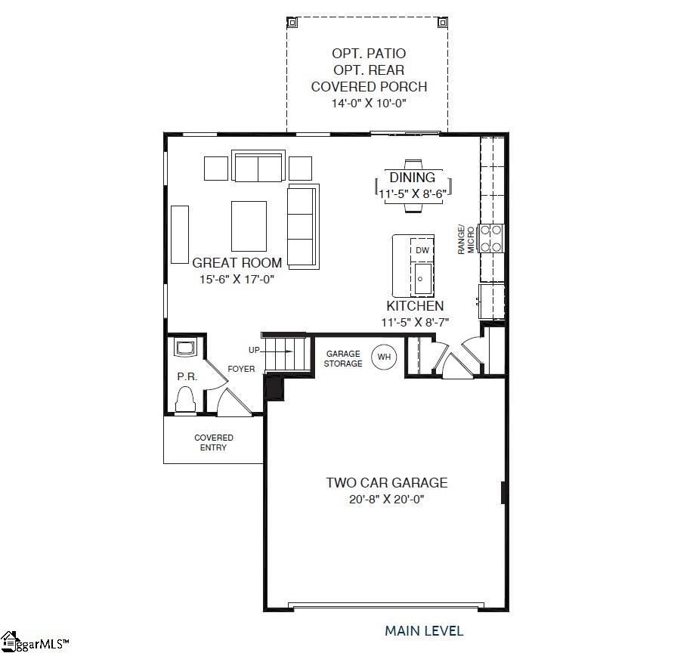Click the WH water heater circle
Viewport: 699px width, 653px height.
pyautogui.click(x=384, y=357)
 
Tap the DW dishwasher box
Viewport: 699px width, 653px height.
pyautogui.click(x=422, y=250)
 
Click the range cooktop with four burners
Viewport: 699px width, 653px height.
pyautogui.click(x=490, y=239)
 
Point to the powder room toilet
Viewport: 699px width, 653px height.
pyautogui.click(x=185, y=399)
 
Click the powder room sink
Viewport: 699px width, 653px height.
pyautogui.click(x=185, y=348)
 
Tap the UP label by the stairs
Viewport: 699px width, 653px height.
pyautogui.click(x=254, y=350)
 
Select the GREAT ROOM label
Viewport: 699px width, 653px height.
pyautogui.click(x=237, y=262)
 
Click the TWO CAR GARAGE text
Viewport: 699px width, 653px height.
pyautogui.click(x=386, y=482)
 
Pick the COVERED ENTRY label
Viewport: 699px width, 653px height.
pyautogui.click(x=214, y=442)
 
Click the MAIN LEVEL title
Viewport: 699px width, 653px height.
pyautogui.click(x=424, y=631)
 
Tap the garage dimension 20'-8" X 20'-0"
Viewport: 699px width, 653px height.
pyautogui.click(x=386, y=499)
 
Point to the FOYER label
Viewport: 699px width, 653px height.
pyautogui.click(x=241, y=369)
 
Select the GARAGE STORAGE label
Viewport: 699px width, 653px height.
pyautogui.click(x=343, y=358)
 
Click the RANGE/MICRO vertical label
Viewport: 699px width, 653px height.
pyautogui.click(x=465, y=240)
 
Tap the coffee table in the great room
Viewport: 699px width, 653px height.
pyautogui.click(x=249, y=227)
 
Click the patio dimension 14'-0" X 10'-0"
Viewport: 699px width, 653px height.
pyautogui.click(x=369, y=103)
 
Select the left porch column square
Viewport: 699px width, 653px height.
pyautogui.click(x=292, y=22)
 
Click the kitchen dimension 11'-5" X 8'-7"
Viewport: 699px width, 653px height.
pyautogui.click(x=415, y=322)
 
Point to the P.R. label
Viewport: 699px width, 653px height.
pyautogui.click(x=187, y=376)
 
